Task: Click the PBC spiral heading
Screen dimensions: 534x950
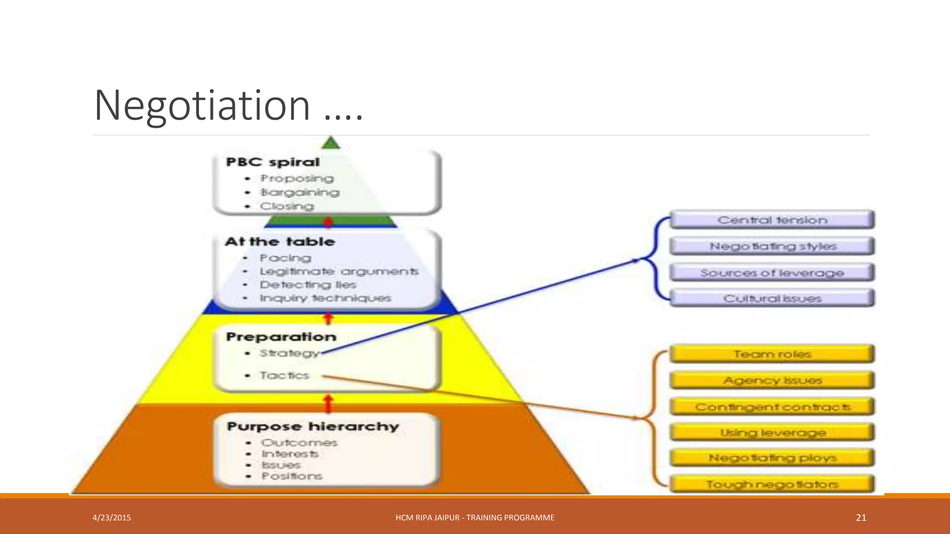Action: click(x=273, y=162)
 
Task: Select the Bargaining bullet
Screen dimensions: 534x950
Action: click(x=300, y=192)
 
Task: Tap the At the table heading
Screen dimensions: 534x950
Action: click(x=280, y=242)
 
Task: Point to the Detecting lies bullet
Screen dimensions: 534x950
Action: click(x=308, y=285)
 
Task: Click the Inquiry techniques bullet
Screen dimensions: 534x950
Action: click(x=325, y=298)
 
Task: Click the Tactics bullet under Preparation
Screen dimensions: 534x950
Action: click(x=284, y=375)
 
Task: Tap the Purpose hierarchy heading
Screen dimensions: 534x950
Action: click(x=313, y=426)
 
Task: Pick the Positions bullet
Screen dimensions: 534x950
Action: click(x=291, y=476)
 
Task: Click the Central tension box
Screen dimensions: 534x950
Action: click(x=772, y=220)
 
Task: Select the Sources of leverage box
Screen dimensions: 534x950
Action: click(x=772, y=273)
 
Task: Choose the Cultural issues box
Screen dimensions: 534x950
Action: click(x=772, y=299)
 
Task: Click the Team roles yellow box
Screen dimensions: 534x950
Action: click(x=772, y=354)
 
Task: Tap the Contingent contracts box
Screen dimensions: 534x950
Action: click(x=772, y=407)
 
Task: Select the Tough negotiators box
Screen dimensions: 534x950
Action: click(x=772, y=484)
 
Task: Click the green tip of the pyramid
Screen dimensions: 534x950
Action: click(x=331, y=143)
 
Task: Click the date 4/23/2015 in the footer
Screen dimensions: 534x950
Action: click(x=112, y=518)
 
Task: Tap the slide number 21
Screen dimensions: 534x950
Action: click(x=861, y=518)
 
